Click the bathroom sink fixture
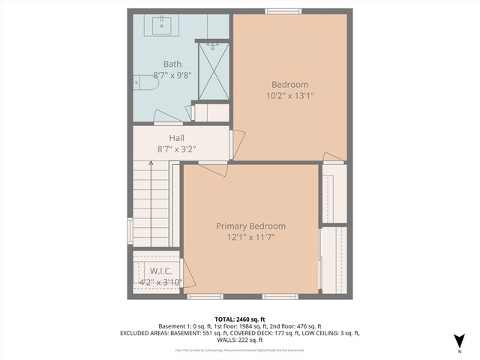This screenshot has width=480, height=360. click(x=163, y=25)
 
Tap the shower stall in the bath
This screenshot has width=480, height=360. click(x=213, y=71)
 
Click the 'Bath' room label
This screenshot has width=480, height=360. click(x=172, y=64)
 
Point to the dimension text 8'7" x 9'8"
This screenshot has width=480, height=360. click(x=172, y=76)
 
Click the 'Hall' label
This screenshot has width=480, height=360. click(x=177, y=138)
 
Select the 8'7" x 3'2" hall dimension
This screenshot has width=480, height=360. click(x=177, y=149)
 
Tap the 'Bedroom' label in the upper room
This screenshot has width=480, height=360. click(x=289, y=85)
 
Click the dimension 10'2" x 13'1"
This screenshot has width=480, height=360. click(x=289, y=96)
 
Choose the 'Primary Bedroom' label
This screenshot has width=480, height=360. click(x=250, y=226)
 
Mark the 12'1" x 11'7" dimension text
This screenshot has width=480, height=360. click(x=250, y=237)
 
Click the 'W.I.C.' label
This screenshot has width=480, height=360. click(x=161, y=271)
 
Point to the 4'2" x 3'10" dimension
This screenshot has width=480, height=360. click(x=160, y=283)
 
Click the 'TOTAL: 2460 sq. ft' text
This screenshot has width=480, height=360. click(x=240, y=319)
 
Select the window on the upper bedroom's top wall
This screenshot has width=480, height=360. click(x=284, y=11)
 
